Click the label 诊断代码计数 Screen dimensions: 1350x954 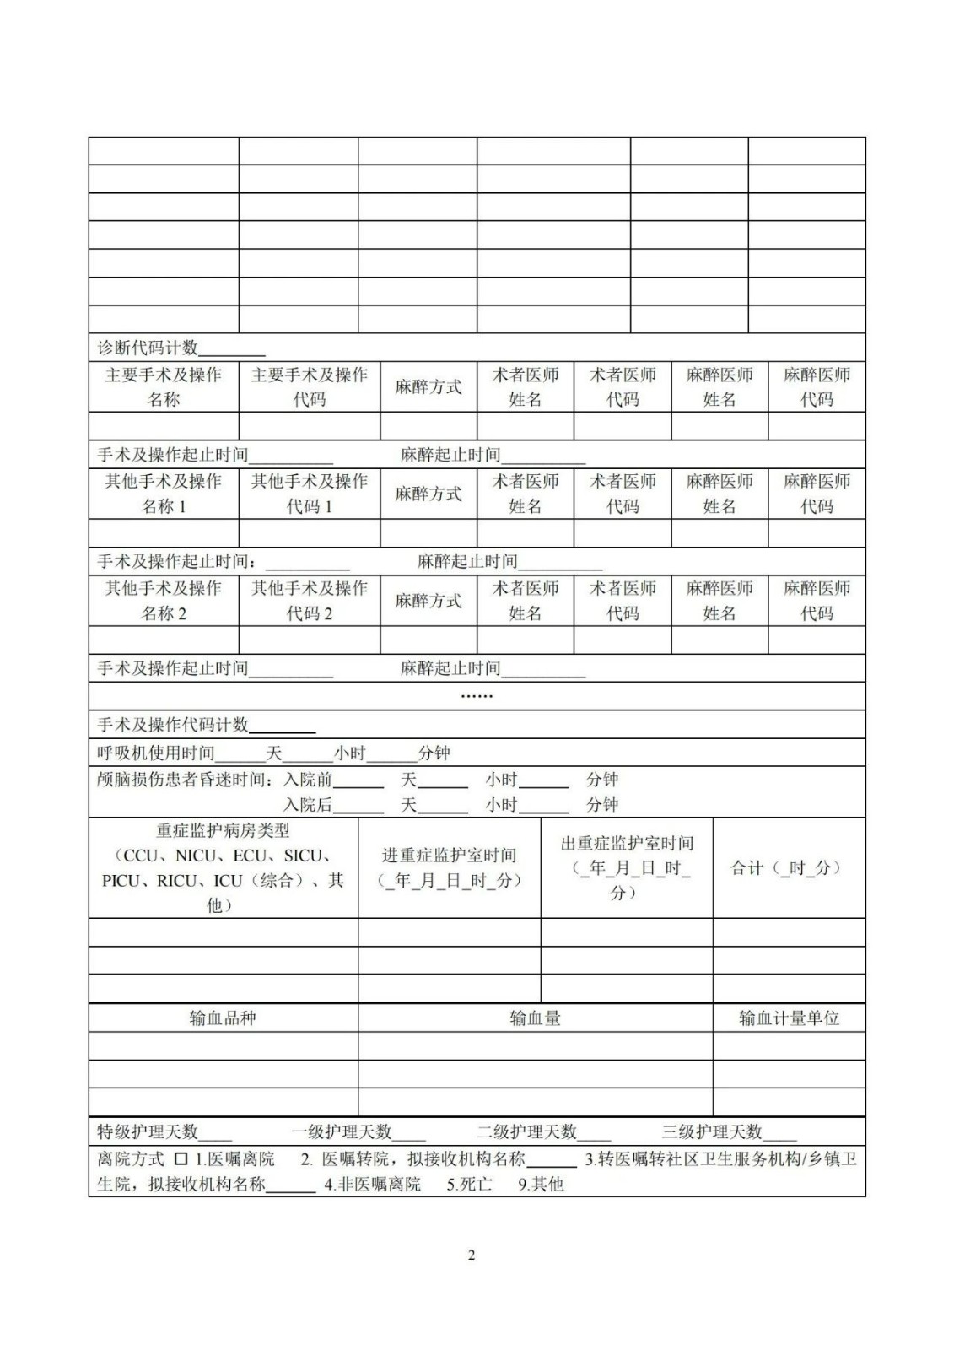148,348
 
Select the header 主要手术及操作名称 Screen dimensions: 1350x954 164,387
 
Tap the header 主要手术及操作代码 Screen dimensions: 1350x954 310,387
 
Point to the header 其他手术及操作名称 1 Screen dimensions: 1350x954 164,494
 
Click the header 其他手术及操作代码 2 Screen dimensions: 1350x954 310,601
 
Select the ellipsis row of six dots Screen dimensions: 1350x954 477,696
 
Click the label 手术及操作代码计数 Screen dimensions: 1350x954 173,725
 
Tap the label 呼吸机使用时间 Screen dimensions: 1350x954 156,753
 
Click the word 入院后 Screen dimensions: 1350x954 308,805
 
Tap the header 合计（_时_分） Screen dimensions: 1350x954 789,867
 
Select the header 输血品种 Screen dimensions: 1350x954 223,1018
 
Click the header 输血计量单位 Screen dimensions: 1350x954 789,1018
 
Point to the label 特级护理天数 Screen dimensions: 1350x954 148,1131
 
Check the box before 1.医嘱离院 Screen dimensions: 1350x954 181,1159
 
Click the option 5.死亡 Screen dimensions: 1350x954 470,1185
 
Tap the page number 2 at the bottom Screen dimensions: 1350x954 472,1255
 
